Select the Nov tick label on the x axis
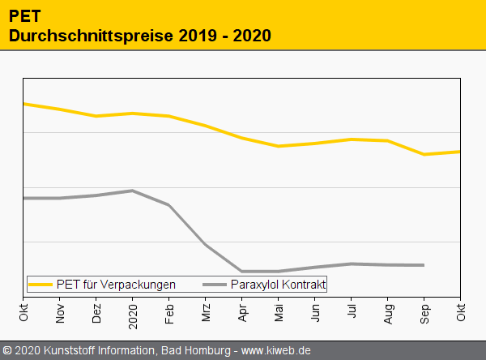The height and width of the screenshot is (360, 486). tap(60, 311)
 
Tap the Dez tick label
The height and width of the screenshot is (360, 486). tap(96, 311)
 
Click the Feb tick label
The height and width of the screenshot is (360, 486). tap(169, 311)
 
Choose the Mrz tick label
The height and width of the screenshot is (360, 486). tap(206, 311)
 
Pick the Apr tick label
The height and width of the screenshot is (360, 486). tap(242, 311)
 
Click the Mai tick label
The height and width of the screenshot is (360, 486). tap(279, 311)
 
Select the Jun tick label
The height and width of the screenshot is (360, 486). tap(315, 311)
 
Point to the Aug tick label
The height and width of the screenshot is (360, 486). tap(388, 311)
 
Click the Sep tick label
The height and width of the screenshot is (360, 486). tap(424, 311)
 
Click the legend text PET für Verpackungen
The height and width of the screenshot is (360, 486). tap(116, 285)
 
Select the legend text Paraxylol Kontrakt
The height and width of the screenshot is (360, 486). tap(278, 285)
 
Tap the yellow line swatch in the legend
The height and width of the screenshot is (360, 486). tap(40, 285)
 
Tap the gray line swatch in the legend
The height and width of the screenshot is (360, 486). tap(215, 285)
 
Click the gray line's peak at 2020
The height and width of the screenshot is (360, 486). tap(133, 191)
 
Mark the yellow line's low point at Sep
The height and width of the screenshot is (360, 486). tap(424, 154)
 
